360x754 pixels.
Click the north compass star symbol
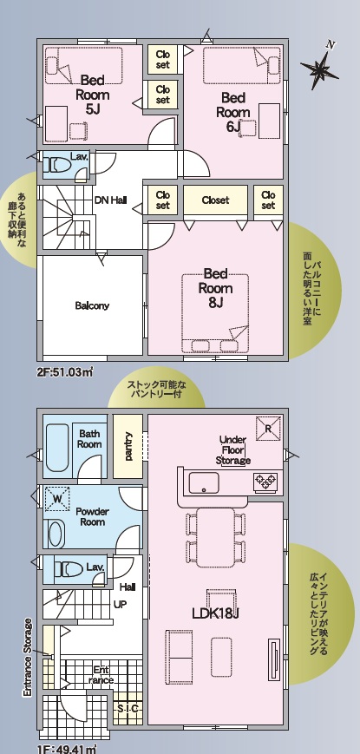click(x=318, y=69)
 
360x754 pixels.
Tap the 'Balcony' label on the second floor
click(x=92, y=305)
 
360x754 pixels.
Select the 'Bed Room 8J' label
click(x=215, y=288)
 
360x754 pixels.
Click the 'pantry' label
click(x=128, y=446)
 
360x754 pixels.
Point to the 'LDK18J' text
click(x=216, y=613)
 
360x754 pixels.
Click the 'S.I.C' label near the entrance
click(x=128, y=708)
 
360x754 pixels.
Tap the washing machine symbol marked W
click(x=57, y=499)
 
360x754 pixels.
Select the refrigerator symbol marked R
click(x=268, y=428)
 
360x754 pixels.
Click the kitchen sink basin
click(x=204, y=482)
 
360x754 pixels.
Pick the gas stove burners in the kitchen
click(x=265, y=481)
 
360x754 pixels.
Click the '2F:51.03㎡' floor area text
click(x=64, y=373)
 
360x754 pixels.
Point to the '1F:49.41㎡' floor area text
click(x=67, y=749)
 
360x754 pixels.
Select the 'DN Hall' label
click(x=110, y=200)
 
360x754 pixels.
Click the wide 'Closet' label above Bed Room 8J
click(x=215, y=200)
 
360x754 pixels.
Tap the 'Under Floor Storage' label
click(x=233, y=450)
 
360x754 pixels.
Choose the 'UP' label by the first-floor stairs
click(x=120, y=604)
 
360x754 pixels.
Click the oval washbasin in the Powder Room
click(x=56, y=534)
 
